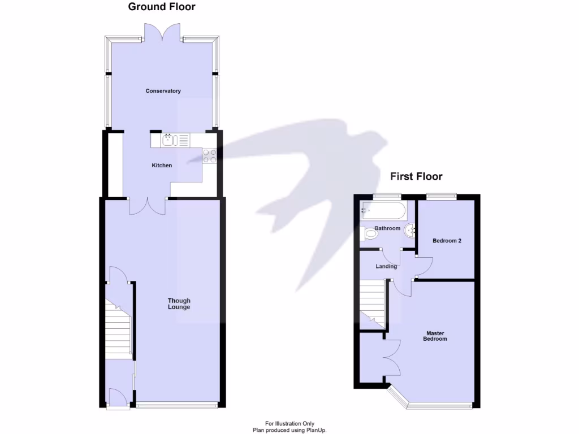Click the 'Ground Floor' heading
coord(162,7)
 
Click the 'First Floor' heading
coord(416,176)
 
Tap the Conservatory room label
coord(163,91)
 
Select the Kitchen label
coord(162,166)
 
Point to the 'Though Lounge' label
coord(179,304)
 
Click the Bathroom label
coord(387,229)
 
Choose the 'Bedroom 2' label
coord(447,241)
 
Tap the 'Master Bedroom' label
coord(437,336)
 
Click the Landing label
coord(387,266)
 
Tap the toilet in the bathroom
coord(368,233)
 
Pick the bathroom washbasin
coord(411,229)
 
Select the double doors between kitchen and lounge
coord(147,206)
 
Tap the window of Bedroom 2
coord(441,197)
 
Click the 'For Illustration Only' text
coord(289,424)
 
